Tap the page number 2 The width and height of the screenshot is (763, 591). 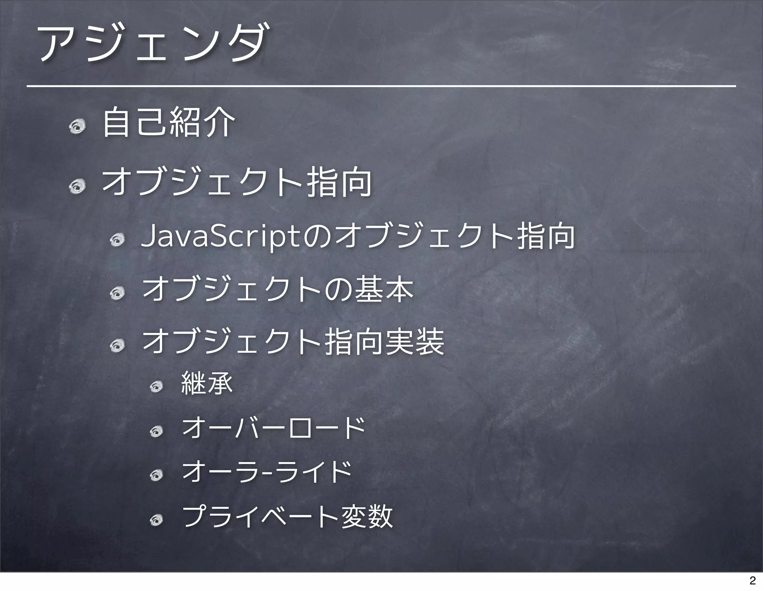[752, 580]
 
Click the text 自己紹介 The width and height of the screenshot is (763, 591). [168, 122]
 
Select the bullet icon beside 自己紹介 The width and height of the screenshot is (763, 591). [77, 127]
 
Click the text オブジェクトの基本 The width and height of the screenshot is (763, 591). [278, 290]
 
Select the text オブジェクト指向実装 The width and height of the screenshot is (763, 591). [293, 342]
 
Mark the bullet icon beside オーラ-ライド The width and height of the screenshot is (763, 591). [156, 475]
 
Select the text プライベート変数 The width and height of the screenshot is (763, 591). [287, 516]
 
